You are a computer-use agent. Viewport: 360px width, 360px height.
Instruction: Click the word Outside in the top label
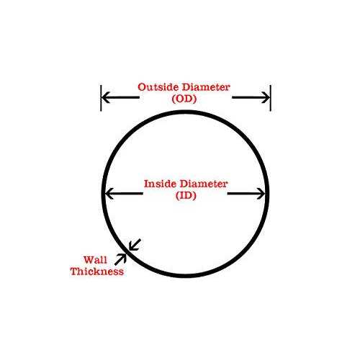[157, 87]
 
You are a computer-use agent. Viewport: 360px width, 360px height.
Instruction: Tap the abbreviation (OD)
[184, 99]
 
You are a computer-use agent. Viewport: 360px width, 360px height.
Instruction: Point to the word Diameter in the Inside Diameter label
[204, 184]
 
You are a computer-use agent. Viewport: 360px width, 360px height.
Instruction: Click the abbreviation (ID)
[186, 196]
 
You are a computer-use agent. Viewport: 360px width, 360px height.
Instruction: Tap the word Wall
[95, 260]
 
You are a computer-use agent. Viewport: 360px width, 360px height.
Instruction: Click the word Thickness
[97, 271]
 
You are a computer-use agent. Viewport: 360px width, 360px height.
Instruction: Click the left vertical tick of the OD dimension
[101, 98]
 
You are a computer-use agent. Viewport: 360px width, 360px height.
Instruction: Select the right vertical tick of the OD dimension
[271, 98]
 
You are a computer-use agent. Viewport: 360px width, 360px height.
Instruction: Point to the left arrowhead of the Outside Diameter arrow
[106, 97]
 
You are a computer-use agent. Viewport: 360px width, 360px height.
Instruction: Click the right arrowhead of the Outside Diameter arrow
[266, 97]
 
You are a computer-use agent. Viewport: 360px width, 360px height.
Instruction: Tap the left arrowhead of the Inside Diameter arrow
[109, 194]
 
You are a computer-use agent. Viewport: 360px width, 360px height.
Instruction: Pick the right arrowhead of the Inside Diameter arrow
[261, 194]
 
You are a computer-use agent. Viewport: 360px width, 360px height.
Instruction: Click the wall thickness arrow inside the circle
[135, 245]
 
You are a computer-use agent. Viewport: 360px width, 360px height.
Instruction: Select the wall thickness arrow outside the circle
[120, 259]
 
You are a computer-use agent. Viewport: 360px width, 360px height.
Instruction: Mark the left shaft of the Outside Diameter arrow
[121, 97]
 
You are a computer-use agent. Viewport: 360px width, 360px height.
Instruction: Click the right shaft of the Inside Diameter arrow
[246, 194]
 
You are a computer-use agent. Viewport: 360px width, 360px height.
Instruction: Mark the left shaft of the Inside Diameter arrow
[125, 194]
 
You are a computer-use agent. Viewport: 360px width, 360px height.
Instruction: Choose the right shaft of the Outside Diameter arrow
[251, 97]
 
